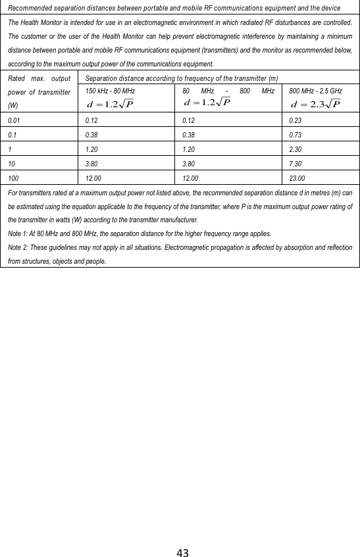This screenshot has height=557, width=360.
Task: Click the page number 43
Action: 182,552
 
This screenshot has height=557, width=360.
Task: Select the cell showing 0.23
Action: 296,120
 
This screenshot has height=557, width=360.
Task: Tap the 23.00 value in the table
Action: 299,178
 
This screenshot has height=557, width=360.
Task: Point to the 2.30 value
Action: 297,149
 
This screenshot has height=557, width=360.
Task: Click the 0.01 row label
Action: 13,120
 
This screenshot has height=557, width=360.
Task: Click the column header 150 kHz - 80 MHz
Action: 106,90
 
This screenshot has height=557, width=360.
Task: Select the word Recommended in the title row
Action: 31,8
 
